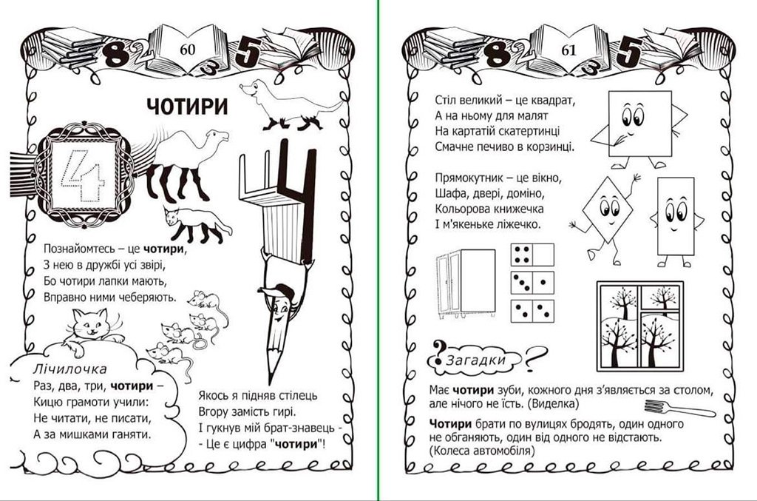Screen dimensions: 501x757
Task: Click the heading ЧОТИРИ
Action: point(187,107)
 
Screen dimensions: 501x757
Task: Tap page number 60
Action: point(187,50)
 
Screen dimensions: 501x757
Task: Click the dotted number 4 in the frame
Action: point(82,176)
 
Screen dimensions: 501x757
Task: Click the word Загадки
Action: point(476,360)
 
